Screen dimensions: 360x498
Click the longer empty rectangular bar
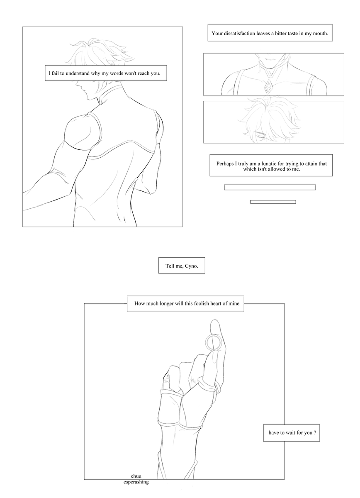270,188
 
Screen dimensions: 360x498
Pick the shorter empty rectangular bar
273,202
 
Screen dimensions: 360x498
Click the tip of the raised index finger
214,320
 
